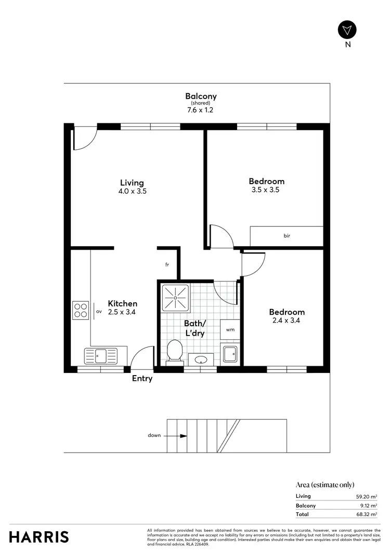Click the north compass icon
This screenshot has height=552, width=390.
[348, 30]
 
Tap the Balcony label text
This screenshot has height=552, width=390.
[201, 96]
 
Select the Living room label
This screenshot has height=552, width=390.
[132, 183]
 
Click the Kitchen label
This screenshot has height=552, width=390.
[122, 303]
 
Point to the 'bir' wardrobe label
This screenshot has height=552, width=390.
[287, 236]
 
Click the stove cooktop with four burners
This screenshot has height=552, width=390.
[81, 310]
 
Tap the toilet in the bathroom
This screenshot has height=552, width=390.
[175, 351]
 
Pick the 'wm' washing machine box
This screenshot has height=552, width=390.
[230, 329]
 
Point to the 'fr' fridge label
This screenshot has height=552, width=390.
[167, 265]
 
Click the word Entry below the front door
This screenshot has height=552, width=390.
[142, 379]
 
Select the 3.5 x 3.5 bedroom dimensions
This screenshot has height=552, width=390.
[266, 190]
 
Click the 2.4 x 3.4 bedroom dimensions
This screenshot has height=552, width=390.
[287, 320]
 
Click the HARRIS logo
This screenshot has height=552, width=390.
[39, 536]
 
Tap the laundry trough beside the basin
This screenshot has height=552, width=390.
[230, 354]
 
